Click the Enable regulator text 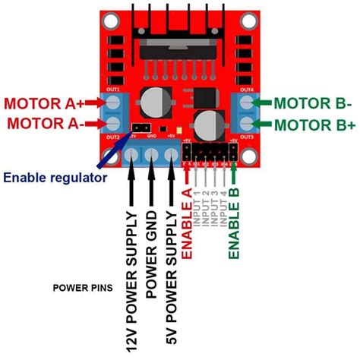click(x=54, y=178)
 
